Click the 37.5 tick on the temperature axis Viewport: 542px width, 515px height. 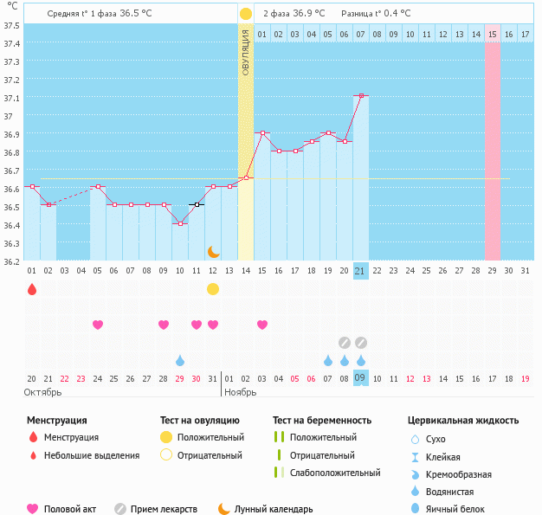click(x=11, y=24)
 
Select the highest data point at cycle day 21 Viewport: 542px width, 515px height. click(x=361, y=95)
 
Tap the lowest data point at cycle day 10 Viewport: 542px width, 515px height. click(x=180, y=223)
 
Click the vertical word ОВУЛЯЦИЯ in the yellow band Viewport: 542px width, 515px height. click(x=246, y=53)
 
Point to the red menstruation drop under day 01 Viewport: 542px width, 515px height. click(x=32, y=289)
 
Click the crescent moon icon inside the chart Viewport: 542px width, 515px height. click(x=213, y=251)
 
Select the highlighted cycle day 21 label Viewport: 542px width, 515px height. click(x=361, y=271)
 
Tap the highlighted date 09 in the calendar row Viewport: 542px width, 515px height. click(x=361, y=377)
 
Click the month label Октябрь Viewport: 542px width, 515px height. click(x=43, y=392)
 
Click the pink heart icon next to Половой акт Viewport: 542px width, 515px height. click(x=34, y=510)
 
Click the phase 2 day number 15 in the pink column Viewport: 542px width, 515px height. click(x=492, y=34)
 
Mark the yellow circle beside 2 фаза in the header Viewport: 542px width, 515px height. click(x=246, y=14)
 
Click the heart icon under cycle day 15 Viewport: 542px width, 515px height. click(x=262, y=325)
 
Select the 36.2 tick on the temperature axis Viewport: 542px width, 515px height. click(x=11, y=261)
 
